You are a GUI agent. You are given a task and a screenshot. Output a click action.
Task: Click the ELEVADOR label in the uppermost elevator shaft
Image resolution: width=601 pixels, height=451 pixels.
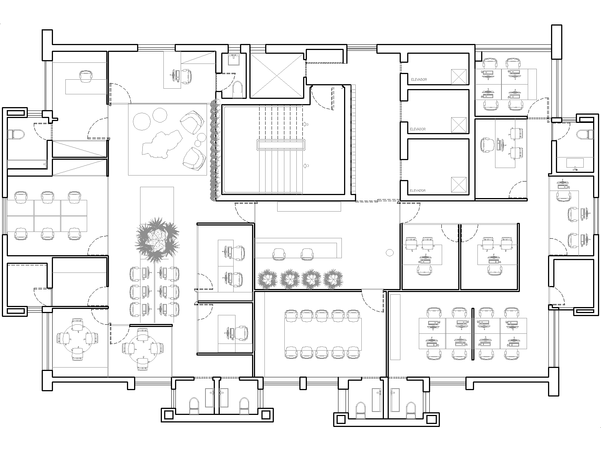(419, 79)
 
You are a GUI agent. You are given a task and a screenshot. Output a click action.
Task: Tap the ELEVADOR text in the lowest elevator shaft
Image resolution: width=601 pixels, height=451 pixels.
(418, 190)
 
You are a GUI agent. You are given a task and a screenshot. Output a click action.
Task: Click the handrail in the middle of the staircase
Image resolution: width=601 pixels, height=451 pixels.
(281, 145)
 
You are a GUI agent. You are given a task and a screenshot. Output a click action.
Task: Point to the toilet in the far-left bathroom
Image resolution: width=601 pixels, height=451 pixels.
(16, 134)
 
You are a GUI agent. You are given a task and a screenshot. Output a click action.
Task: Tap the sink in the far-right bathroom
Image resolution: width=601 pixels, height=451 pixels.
(575, 163)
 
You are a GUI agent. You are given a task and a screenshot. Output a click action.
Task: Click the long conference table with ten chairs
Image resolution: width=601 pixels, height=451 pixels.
(323, 334)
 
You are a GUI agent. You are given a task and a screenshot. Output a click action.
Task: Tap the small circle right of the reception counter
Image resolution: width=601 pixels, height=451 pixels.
(390, 253)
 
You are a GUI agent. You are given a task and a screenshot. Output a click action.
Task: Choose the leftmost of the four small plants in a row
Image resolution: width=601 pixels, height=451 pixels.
(267, 279)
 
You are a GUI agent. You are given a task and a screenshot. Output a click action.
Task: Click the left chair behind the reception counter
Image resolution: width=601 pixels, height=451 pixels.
(279, 254)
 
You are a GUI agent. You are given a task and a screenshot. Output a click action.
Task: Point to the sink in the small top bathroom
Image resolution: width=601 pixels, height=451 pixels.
(234, 59)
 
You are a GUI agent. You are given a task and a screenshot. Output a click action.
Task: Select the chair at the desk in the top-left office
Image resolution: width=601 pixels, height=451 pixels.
(86, 76)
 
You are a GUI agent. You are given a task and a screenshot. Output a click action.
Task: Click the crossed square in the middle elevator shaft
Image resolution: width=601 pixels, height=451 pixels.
(459, 125)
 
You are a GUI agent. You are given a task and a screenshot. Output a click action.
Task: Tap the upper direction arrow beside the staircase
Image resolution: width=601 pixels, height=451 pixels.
(305, 124)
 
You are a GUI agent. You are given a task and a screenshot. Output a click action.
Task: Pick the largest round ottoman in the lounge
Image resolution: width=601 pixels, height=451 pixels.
(142, 121)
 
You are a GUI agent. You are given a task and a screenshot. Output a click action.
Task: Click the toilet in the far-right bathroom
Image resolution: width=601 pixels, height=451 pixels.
(584, 135)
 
